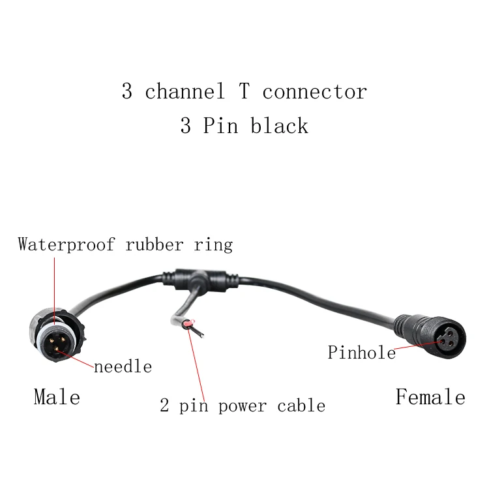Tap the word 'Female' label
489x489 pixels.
tap(430, 396)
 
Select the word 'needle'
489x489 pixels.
tap(123, 366)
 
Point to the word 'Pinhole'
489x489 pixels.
tap(361, 353)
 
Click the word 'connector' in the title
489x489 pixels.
tap(314, 91)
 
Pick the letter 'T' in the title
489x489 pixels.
tap(243, 91)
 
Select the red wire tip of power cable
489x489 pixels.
tap(187, 325)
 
